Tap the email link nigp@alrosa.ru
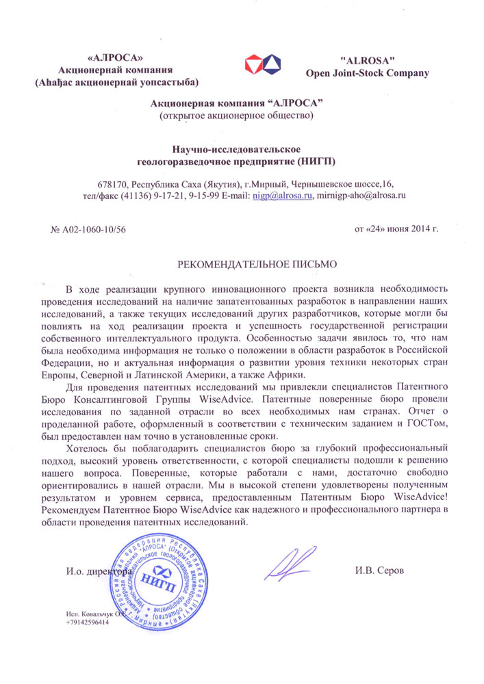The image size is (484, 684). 283,195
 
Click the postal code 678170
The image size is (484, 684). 114,184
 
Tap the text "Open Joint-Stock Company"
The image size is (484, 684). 367,73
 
